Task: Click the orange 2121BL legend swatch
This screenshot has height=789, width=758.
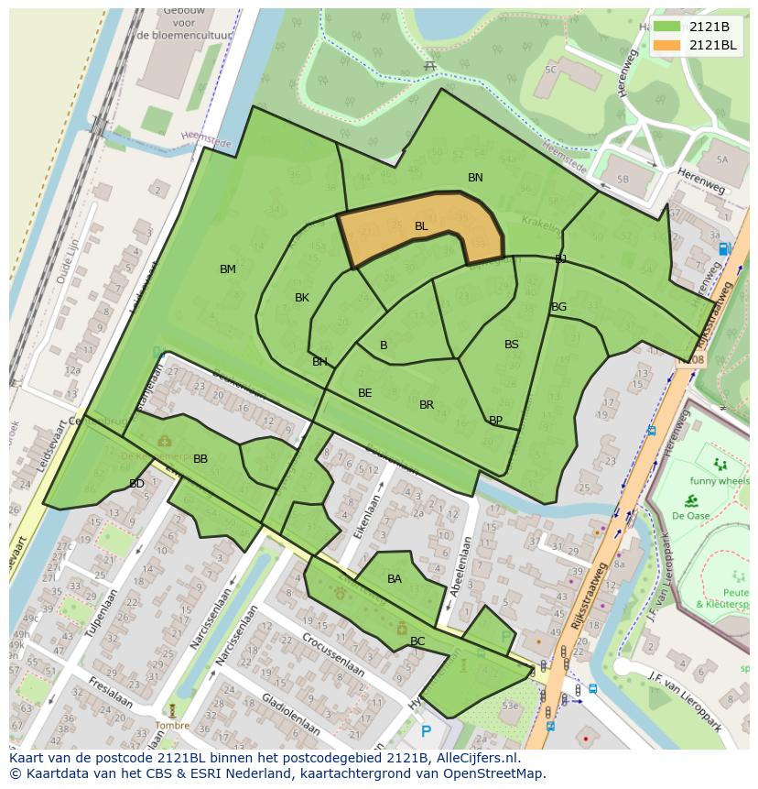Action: coord(667,45)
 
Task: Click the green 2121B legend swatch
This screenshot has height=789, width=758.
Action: coord(667,27)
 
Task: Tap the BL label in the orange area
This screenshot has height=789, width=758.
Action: coord(421,225)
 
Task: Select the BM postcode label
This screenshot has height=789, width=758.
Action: coord(228,268)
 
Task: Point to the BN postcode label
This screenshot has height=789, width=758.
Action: coord(475,177)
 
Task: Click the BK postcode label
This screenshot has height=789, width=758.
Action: coord(302,298)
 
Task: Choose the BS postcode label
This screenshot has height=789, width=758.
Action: coord(512,345)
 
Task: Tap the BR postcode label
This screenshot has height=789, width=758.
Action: coord(427,404)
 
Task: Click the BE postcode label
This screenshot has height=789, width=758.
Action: coord(365,392)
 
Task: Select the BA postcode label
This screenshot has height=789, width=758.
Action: coord(395,578)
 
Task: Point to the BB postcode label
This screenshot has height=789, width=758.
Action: coord(200,458)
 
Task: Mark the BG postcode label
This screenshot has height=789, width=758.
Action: coord(558,306)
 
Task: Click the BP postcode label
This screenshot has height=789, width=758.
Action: coord(495,421)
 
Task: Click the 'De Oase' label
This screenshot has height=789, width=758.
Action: coord(691,515)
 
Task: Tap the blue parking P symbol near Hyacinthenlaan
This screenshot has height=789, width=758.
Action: coord(426,731)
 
